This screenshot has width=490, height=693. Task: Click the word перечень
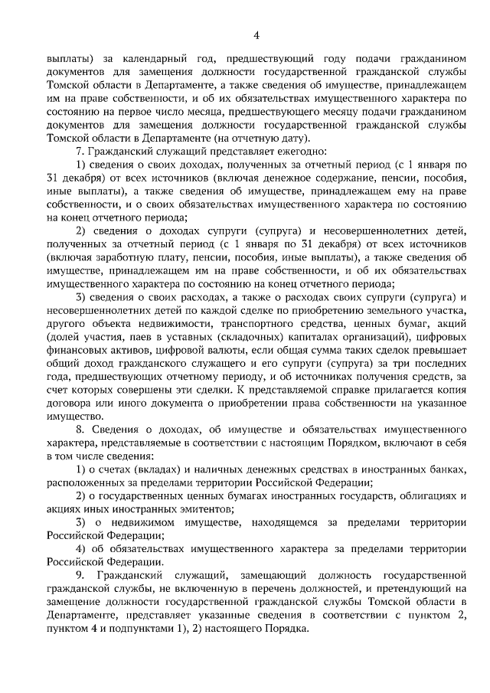pos(286,590)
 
